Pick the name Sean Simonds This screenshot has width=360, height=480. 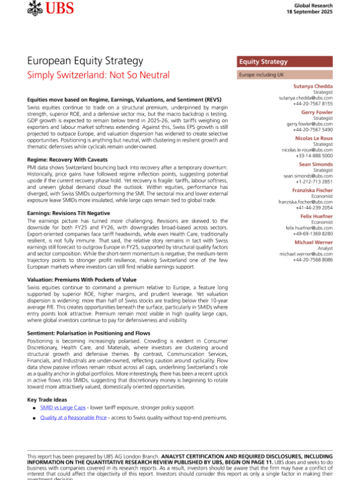pos(316,164)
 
